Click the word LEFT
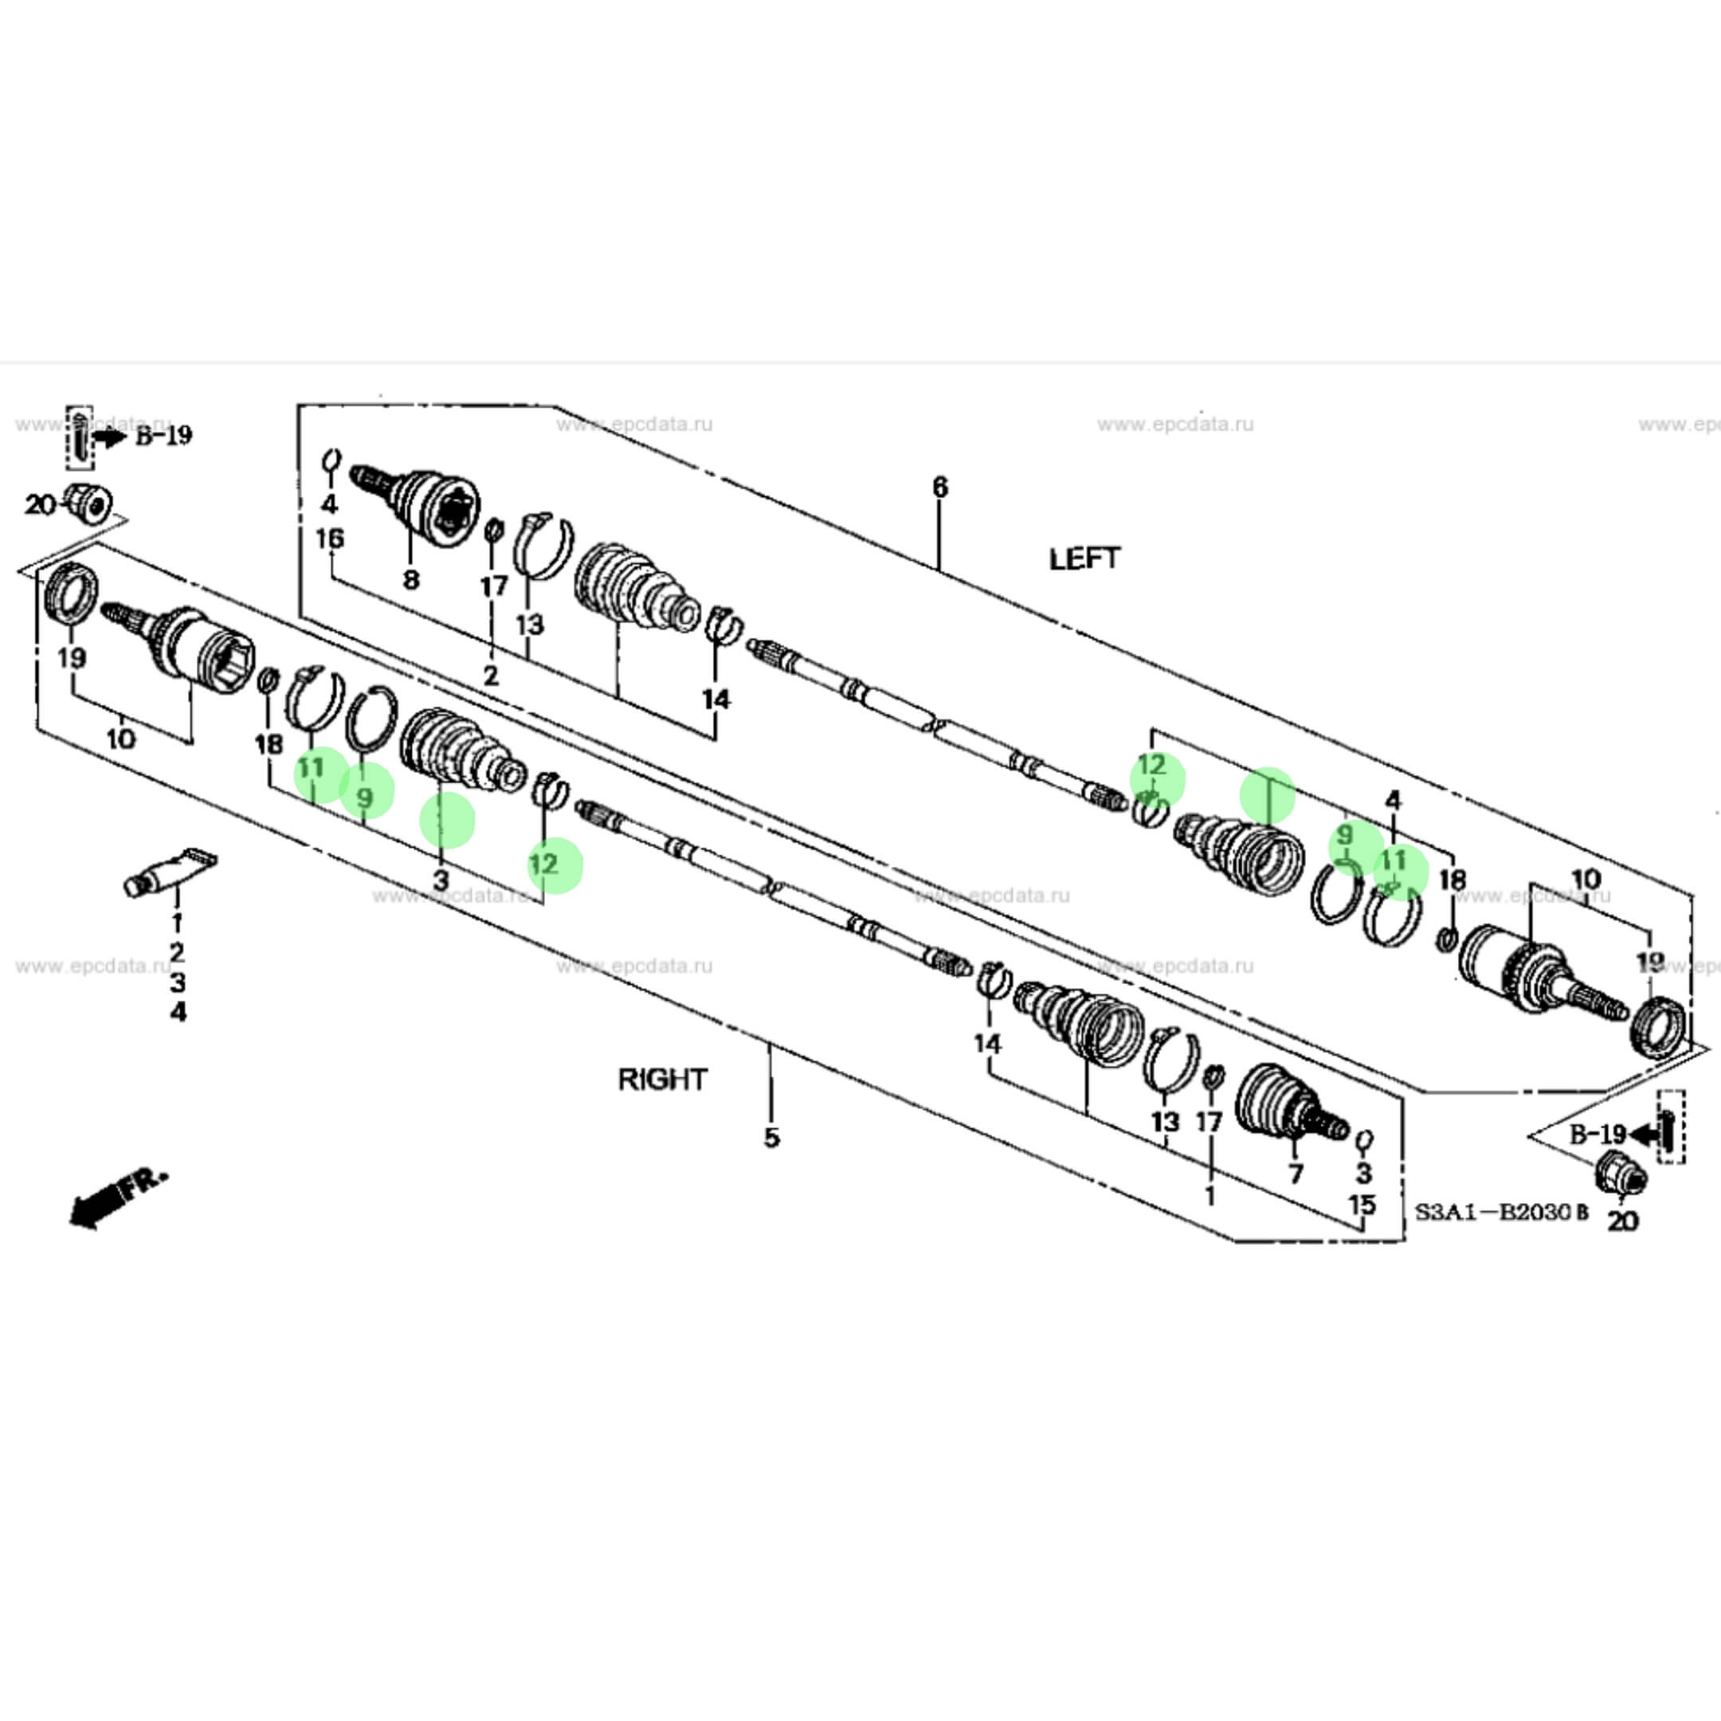1084,559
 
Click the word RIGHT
662,1080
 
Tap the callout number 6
940,488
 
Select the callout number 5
771,1138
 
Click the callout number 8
410,580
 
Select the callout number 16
330,539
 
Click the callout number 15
1362,1205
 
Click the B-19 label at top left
164,436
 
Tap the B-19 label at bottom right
1598,1134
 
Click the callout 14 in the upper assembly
716,700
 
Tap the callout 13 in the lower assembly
1165,1122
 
